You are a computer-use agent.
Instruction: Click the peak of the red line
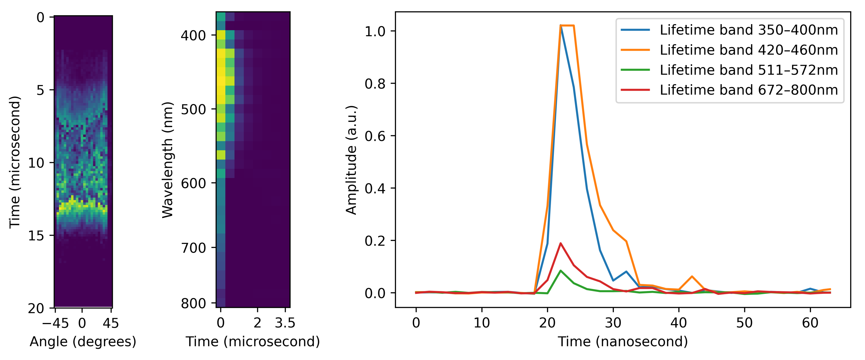coord(560,243)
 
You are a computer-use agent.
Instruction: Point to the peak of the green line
coord(560,270)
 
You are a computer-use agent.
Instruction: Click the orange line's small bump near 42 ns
coord(692,276)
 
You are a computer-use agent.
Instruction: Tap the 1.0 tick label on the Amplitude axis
coord(375,31)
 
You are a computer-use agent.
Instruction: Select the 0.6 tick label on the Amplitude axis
coord(375,136)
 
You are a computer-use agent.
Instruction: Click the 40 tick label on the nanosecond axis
coord(679,323)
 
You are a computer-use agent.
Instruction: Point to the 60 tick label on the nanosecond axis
coord(810,323)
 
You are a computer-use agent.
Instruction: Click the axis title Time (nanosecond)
coord(623,342)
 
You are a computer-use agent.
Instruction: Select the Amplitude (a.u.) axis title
coord(351,160)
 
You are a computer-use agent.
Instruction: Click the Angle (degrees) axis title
coord(83,342)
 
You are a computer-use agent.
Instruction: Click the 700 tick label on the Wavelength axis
coord(193,248)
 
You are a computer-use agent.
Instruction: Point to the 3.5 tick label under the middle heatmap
coord(285,323)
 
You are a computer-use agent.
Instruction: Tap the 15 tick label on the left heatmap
coord(36,236)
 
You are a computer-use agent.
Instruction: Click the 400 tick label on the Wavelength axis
coord(193,35)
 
